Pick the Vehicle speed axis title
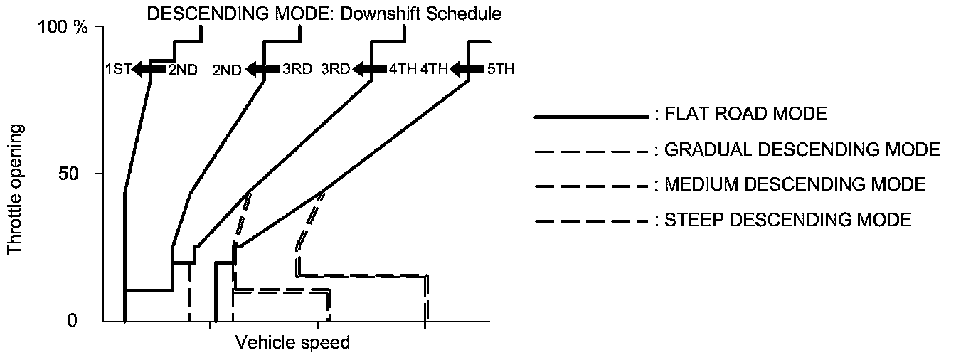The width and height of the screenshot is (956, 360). tap(292, 343)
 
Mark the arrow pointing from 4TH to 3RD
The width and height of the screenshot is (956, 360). tap(369, 70)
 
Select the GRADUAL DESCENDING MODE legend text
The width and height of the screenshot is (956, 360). tap(802, 149)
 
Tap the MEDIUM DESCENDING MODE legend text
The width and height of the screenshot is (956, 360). tap(795, 185)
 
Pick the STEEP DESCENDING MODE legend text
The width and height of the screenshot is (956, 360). tap(787, 220)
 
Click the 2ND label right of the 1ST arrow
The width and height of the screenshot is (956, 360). tap(183, 70)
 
